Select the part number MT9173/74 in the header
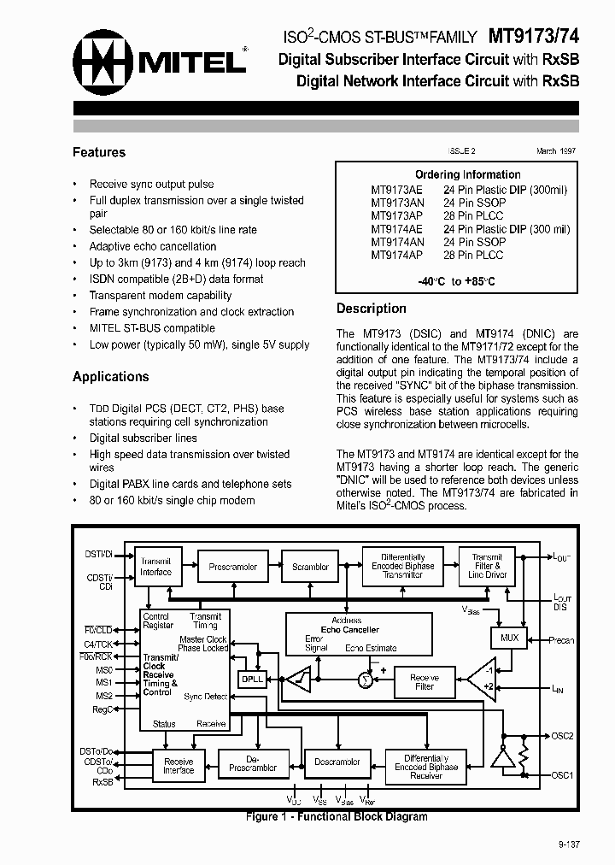[x=534, y=38]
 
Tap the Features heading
[x=99, y=152]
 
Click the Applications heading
[x=111, y=376]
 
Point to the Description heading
[x=371, y=309]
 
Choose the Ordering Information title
[x=468, y=174]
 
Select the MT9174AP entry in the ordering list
[x=396, y=255]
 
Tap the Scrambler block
[x=310, y=567]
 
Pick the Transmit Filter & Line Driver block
[x=488, y=567]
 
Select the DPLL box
[x=252, y=678]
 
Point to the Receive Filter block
[x=424, y=681]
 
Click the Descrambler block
[x=337, y=762]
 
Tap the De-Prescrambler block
[x=253, y=762]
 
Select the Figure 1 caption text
[x=336, y=817]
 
